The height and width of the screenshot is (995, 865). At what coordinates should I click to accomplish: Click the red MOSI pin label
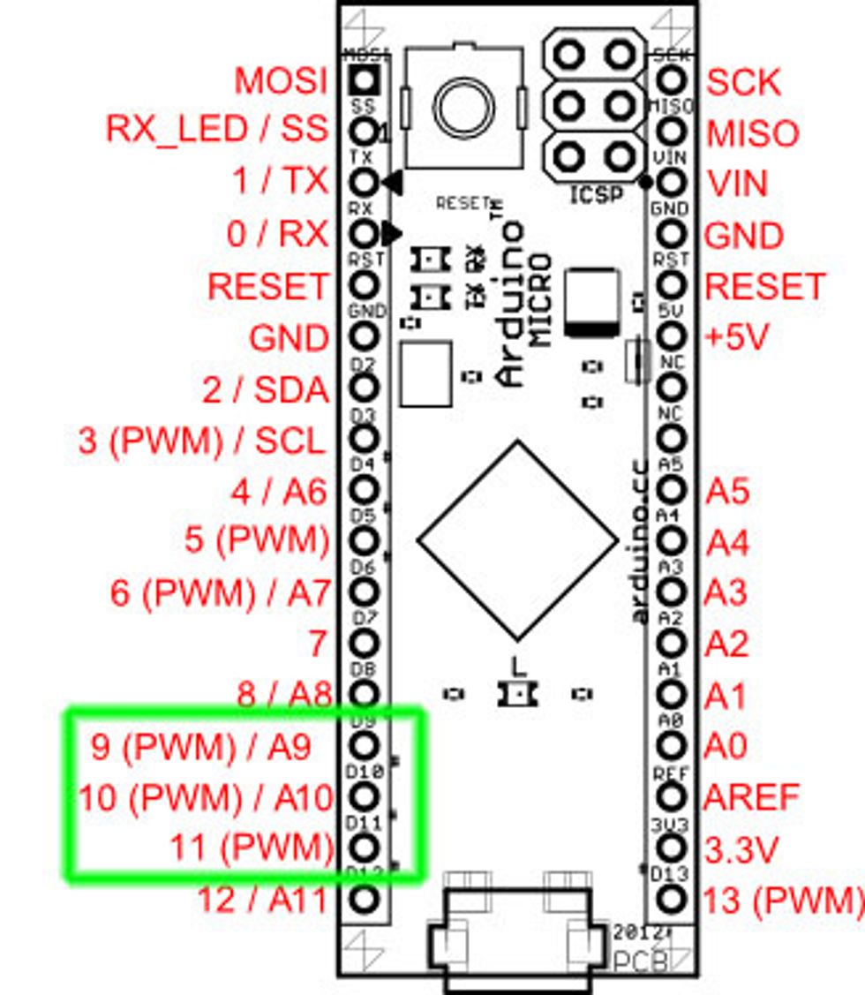(281, 81)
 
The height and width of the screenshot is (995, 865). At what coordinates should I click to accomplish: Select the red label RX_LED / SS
(216, 130)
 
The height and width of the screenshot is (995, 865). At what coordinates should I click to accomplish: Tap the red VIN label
(737, 184)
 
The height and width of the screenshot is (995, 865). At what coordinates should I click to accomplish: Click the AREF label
(751, 797)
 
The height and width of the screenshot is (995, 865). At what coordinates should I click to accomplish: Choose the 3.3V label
(741, 849)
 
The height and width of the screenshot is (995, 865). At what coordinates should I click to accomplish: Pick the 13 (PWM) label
(782, 901)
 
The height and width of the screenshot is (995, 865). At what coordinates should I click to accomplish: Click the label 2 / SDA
(266, 390)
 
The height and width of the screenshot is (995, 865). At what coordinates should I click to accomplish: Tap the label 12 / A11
(261, 900)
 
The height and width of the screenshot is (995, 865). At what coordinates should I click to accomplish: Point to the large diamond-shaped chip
(517, 540)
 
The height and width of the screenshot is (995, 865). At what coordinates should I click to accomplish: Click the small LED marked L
(515, 694)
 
